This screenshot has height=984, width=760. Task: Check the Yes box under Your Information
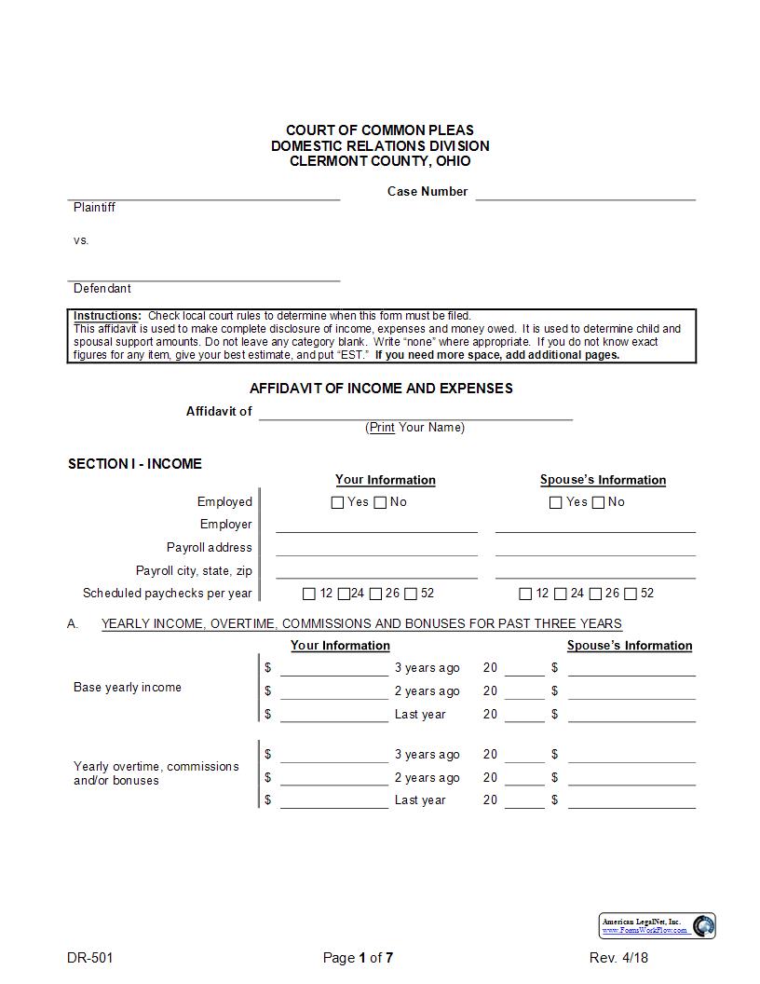tap(338, 503)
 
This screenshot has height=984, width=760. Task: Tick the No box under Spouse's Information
tap(598, 503)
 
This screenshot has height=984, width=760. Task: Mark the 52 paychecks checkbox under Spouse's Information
tap(631, 594)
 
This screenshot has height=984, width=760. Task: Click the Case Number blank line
tap(585, 193)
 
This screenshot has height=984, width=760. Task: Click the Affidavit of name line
tap(415, 413)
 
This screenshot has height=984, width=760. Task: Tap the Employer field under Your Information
tap(376, 525)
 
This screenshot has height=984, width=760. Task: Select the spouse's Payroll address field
tap(595, 548)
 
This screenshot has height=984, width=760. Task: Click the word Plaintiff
tap(94, 208)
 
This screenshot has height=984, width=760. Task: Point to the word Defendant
tap(102, 289)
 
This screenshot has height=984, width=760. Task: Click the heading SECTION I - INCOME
tap(134, 464)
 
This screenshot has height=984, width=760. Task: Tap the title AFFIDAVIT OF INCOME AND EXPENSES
tap(381, 389)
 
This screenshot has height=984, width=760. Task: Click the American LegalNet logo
tap(658, 925)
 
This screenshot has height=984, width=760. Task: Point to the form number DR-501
tap(90, 958)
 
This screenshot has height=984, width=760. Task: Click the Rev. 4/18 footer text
tap(618, 958)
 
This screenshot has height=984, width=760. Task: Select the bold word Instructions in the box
tap(107, 317)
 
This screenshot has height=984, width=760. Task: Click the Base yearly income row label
tap(128, 688)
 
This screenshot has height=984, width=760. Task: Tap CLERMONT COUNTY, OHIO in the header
tap(380, 161)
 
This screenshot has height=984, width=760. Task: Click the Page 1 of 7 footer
tap(359, 958)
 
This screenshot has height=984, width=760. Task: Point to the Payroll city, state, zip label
tap(194, 571)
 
